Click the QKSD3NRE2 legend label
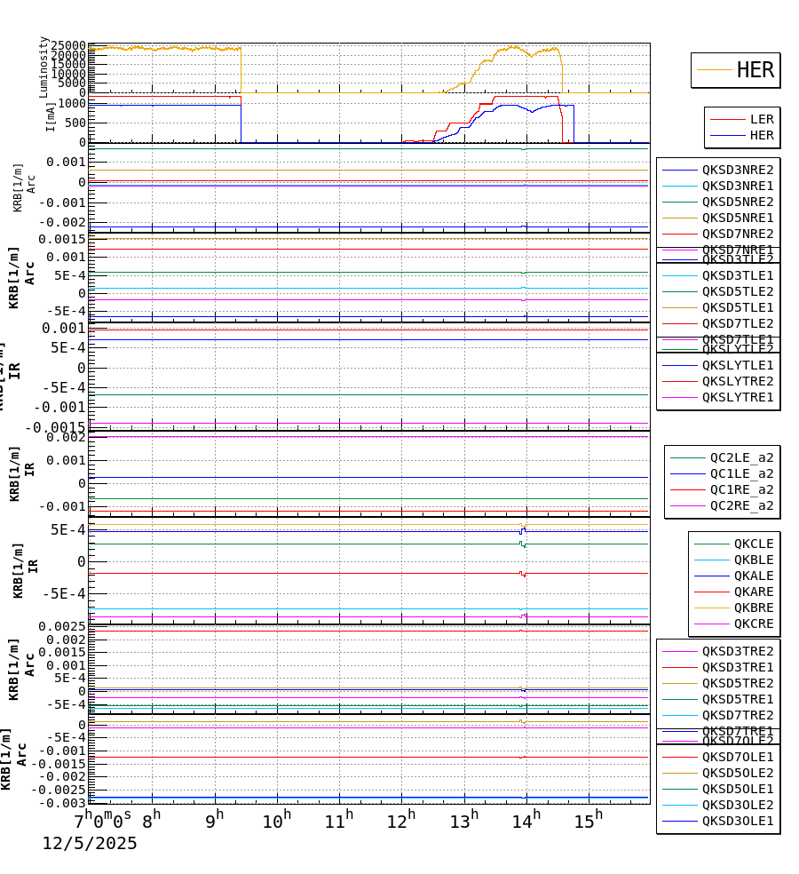coord(737,170)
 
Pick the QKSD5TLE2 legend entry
coord(737,291)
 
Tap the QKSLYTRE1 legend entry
coord(737,397)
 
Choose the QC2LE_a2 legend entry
coord(740,457)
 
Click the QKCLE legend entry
coord(753,544)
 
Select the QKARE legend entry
coord(753,592)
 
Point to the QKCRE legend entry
coord(753,624)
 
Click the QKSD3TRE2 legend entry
coord(737,651)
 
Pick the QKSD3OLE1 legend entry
coord(737,821)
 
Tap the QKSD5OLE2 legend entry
coord(737,773)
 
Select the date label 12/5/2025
coord(90,843)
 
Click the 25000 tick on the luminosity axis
coord(68,46)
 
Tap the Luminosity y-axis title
coord(44,67)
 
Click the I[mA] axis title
coord(51,116)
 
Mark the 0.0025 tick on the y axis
coord(61,626)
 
